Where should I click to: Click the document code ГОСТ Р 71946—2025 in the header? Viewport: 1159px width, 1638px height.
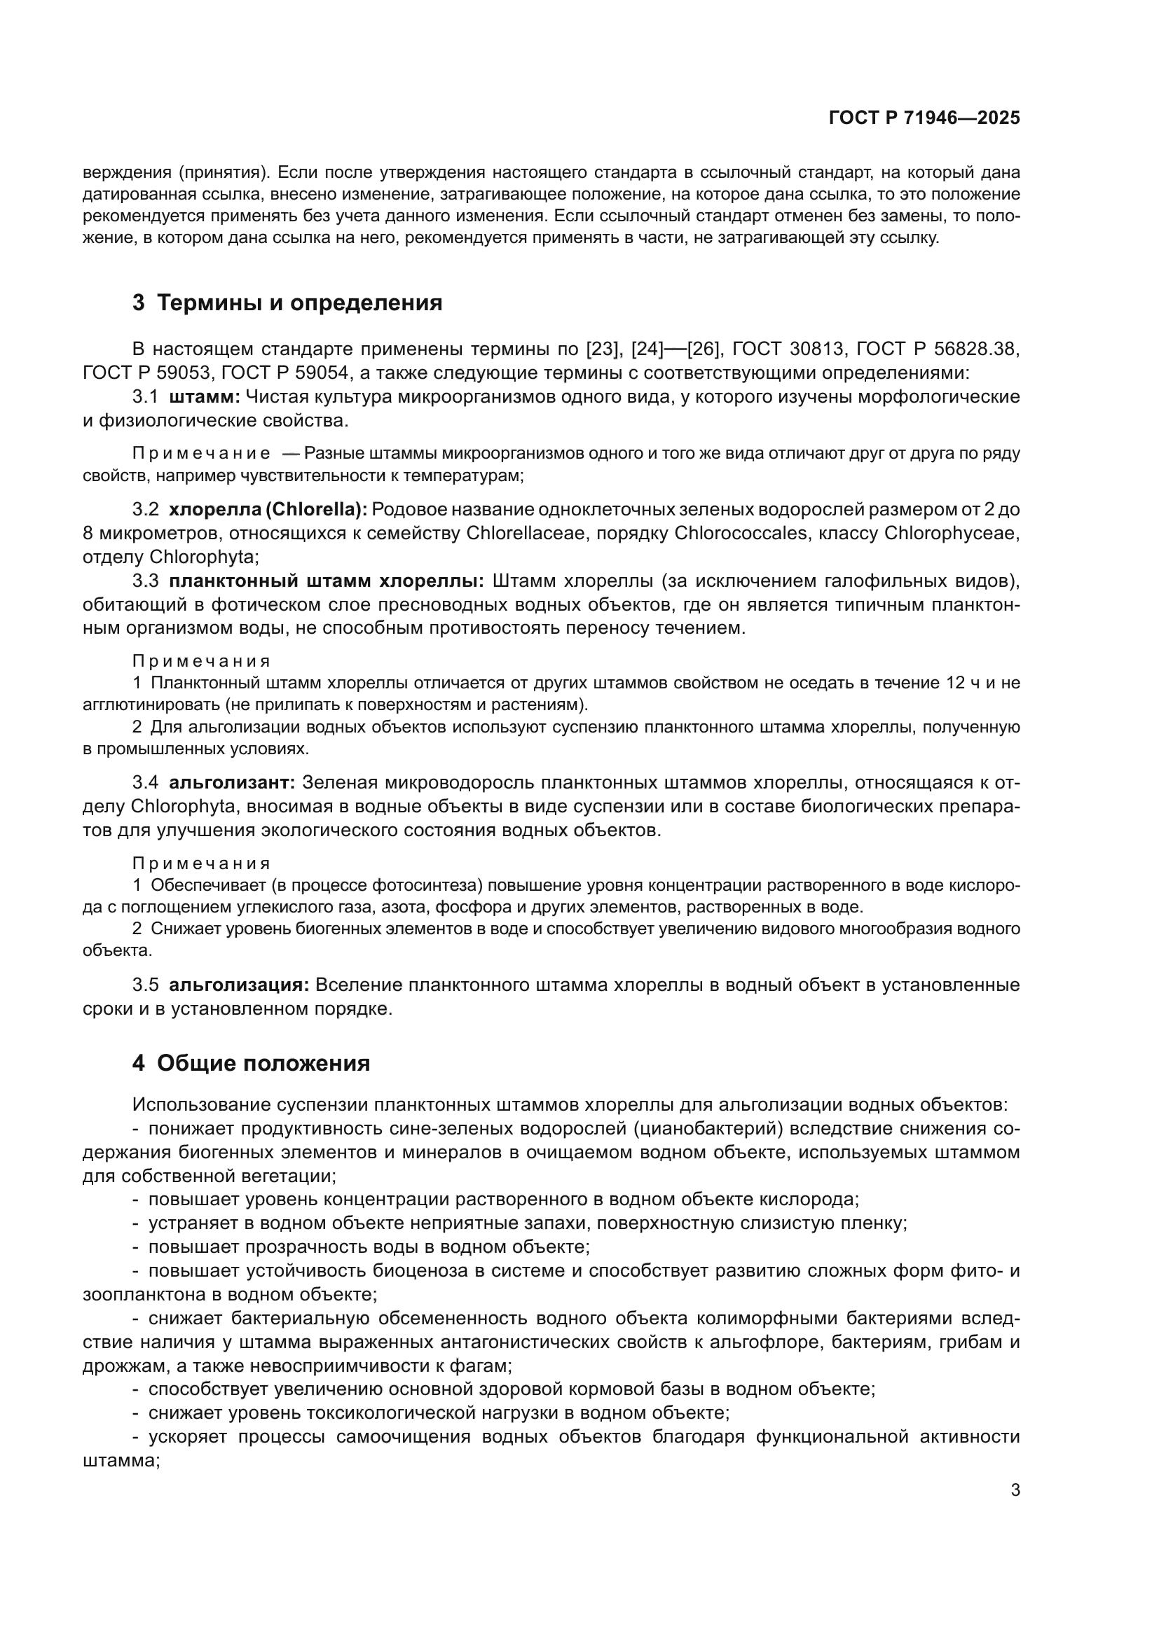(924, 118)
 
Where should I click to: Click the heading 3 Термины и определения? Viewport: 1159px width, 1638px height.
(287, 303)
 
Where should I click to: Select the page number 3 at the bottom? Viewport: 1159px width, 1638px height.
(1015, 1490)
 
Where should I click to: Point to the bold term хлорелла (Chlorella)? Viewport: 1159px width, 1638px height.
(268, 509)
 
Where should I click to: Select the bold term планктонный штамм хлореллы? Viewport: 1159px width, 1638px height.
(327, 581)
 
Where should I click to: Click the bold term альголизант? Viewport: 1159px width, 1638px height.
(232, 783)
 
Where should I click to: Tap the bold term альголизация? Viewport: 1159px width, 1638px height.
(238, 985)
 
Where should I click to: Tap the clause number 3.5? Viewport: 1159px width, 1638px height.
(145, 985)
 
